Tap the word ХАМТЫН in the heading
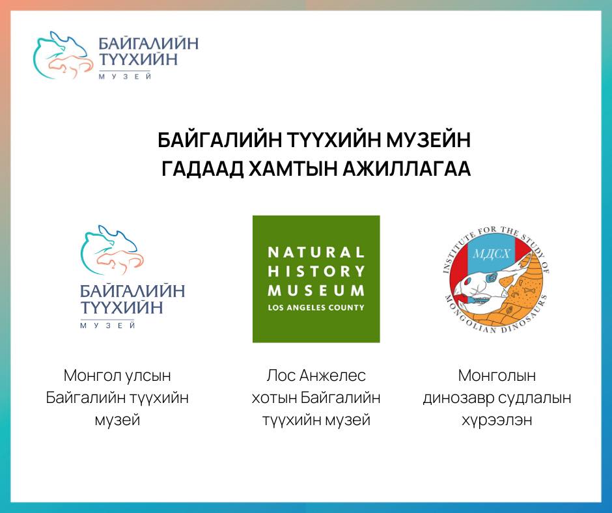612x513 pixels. point(292,169)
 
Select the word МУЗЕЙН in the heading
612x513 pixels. point(428,140)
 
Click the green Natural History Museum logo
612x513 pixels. point(316,279)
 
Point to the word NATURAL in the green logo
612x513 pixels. point(316,252)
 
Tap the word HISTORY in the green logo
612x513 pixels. point(316,271)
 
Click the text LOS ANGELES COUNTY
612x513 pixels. point(316,308)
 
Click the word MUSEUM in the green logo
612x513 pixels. point(316,290)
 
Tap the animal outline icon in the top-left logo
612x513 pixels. point(63,55)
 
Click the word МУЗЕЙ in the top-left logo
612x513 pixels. point(125,77)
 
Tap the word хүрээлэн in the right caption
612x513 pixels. point(497,421)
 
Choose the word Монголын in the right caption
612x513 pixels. point(497,376)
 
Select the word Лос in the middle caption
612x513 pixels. point(281,376)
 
